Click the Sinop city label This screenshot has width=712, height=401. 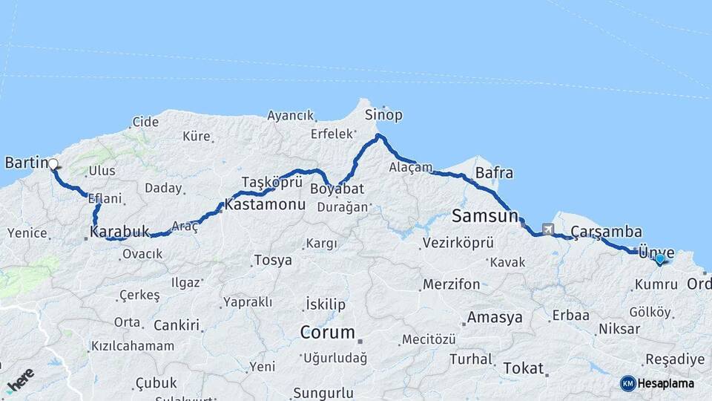click(383, 114)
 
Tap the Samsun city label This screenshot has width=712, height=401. click(484, 216)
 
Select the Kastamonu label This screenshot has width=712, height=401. click(266, 203)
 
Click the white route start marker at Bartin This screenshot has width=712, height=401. click(53, 165)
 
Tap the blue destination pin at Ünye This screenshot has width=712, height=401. click(659, 259)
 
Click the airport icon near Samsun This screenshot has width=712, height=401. click(548, 230)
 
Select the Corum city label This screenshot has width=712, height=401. click(327, 332)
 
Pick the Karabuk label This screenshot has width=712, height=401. click(119, 232)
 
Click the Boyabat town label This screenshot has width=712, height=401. click(329, 188)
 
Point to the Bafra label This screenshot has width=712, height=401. click(494, 173)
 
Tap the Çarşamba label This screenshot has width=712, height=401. click(606, 232)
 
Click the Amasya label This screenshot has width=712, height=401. click(494, 317)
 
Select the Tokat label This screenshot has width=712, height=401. click(523, 368)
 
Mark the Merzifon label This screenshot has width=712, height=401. click(451, 284)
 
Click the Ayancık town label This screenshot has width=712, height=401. click(291, 116)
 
